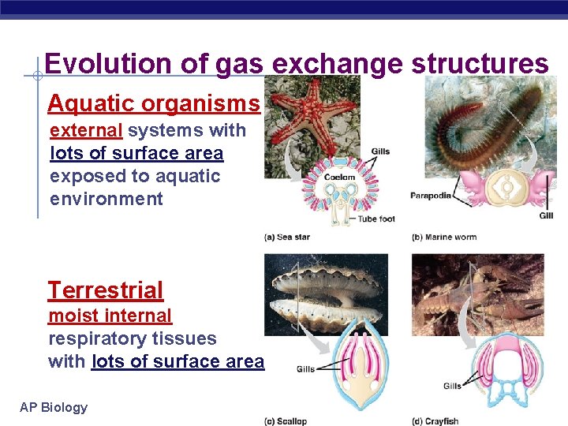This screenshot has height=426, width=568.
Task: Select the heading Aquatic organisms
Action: tap(154, 103)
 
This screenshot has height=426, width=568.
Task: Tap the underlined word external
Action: tap(86, 130)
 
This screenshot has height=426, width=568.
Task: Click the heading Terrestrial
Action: tap(106, 290)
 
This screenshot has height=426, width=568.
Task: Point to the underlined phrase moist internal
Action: tap(110, 316)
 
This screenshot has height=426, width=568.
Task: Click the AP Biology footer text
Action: tap(54, 407)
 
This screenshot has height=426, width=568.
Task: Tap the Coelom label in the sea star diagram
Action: tap(339, 177)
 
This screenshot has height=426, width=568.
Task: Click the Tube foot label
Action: tap(376, 219)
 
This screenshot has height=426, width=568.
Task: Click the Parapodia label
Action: tap(431, 196)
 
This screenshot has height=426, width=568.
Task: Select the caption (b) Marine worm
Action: tap(444, 237)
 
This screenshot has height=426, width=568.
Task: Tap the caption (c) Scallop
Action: tap(286, 420)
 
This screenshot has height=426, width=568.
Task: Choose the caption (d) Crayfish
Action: tap(435, 420)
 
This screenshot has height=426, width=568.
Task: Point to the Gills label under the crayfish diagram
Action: tap(452, 387)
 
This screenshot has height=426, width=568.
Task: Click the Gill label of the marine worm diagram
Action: tap(546, 215)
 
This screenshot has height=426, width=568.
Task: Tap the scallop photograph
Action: tap(326, 296)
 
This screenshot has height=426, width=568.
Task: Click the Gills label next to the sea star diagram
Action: tap(380, 151)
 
